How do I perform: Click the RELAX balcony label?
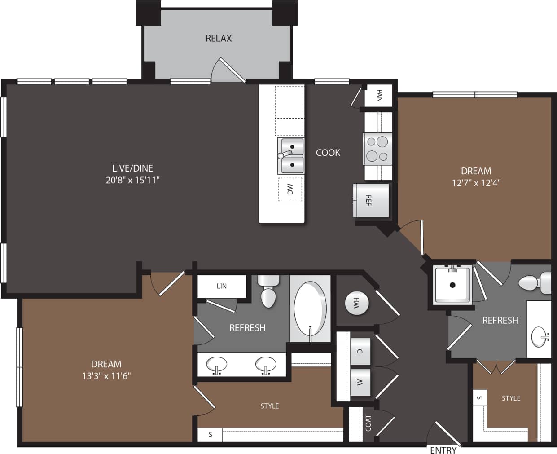pos(219,39)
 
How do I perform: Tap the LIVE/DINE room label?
pos(132,168)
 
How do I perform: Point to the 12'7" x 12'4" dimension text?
pos(476,183)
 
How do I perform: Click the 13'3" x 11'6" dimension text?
pos(106,376)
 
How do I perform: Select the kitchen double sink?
pos(291,156)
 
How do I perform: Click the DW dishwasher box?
pos(290,189)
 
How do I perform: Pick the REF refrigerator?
pos(371,200)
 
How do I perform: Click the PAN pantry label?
pos(379,96)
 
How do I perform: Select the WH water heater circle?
pos(357,303)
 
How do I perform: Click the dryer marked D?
pos(360,351)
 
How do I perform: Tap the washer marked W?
pos(360,382)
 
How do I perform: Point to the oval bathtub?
pos(310,309)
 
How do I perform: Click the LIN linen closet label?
pos(222,286)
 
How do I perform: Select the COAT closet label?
pos(368,423)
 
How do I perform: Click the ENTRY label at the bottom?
pos(443,450)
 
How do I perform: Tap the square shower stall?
pos(452,285)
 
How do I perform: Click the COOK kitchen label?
pos(328,153)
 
